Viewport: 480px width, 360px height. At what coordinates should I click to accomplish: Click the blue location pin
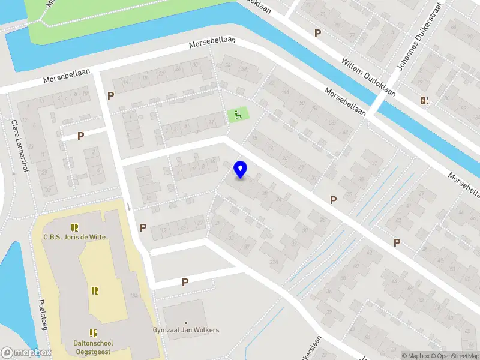241,170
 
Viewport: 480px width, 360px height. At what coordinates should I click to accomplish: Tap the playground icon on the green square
238,114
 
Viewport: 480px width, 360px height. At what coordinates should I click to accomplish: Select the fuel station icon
425,101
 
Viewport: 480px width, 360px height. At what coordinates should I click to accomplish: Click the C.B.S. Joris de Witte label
74,237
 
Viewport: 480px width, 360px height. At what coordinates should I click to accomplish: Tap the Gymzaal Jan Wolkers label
185,330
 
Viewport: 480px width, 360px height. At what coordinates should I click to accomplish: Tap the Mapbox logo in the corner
26,353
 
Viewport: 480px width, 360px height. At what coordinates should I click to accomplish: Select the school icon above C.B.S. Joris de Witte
74,227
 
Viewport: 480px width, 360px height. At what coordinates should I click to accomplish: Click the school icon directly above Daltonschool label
94,332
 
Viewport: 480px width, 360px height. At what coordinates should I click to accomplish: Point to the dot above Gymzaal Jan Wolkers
185,323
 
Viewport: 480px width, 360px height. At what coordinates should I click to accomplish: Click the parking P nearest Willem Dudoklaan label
317,34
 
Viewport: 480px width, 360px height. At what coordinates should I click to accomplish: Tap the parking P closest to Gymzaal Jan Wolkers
185,281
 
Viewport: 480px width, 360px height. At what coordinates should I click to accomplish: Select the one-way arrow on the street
128,206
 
